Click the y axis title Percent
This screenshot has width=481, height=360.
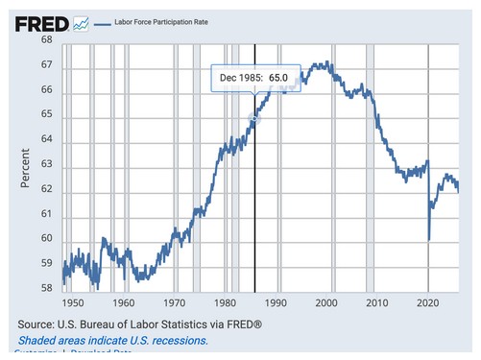tap(26, 165)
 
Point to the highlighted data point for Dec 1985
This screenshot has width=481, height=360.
tap(254, 119)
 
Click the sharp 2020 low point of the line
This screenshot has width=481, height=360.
tap(428, 239)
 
